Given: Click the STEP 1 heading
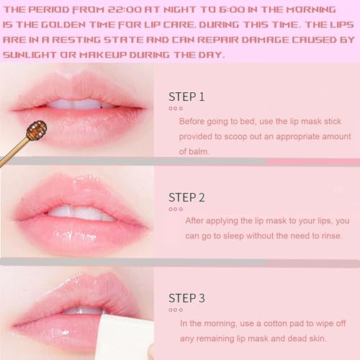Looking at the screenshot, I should [186, 96].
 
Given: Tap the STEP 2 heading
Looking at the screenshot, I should [186, 197].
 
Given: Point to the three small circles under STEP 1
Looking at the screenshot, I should [175, 108].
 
